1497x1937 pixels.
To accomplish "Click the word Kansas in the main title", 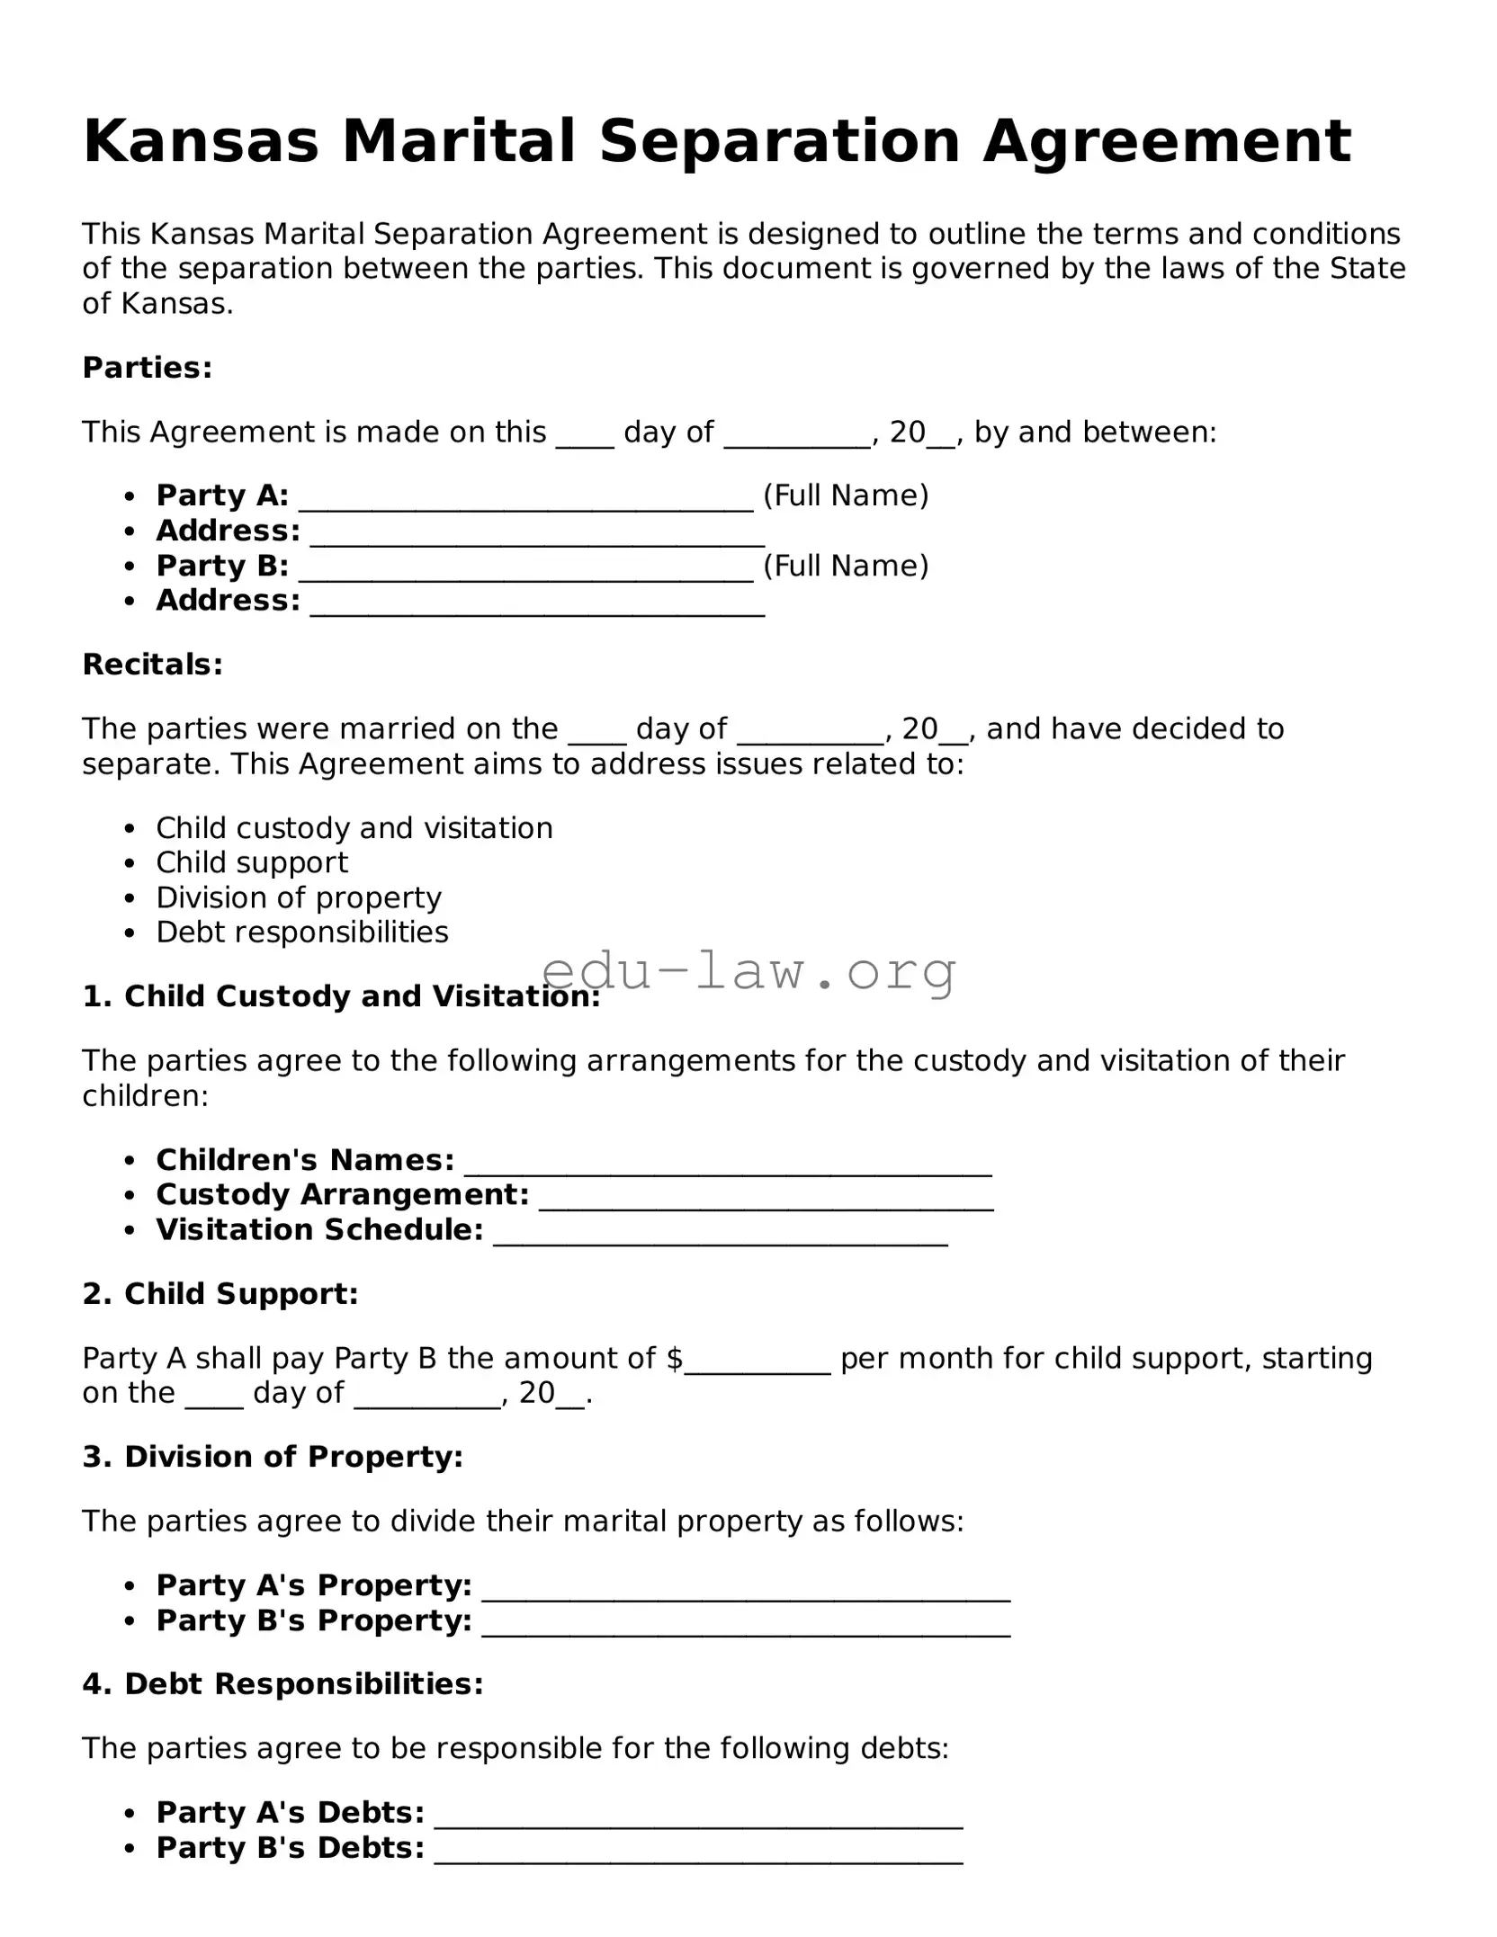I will [201, 142].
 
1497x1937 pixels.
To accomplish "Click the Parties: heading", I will [147, 368].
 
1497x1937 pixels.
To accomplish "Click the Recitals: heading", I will [152, 665].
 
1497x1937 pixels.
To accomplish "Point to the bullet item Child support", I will [252, 862].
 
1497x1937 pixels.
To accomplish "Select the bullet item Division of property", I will [299, 897].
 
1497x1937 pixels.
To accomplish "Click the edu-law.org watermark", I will [748, 971].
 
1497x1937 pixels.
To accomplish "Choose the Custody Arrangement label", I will [342, 1195].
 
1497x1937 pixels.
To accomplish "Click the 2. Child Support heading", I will [220, 1294].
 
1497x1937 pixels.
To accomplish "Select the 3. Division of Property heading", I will [273, 1457].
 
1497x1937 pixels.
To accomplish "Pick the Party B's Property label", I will [314, 1620].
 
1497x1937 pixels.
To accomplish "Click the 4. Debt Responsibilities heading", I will [282, 1684].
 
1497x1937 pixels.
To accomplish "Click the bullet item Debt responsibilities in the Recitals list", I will [302, 933].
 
